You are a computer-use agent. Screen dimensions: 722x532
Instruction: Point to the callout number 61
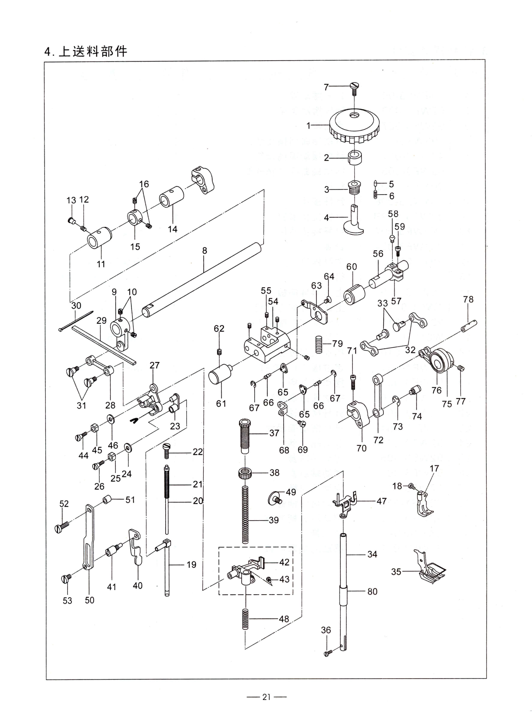221,403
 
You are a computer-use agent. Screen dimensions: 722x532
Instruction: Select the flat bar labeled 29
103,344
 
